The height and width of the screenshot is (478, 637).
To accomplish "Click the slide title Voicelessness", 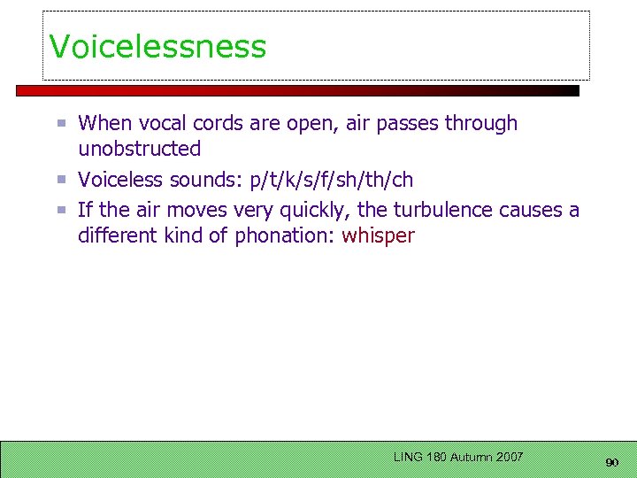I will (x=157, y=46).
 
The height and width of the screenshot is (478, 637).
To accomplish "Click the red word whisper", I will (x=378, y=236).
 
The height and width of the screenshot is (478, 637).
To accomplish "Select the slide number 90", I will (x=611, y=463).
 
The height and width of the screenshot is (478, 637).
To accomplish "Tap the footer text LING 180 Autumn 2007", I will (x=458, y=457).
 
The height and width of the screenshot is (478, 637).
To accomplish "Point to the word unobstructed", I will (x=139, y=149).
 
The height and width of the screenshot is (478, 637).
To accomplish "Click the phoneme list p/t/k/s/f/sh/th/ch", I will (x=332, y=180).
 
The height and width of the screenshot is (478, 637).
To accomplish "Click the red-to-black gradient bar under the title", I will (x=297, y=90).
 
